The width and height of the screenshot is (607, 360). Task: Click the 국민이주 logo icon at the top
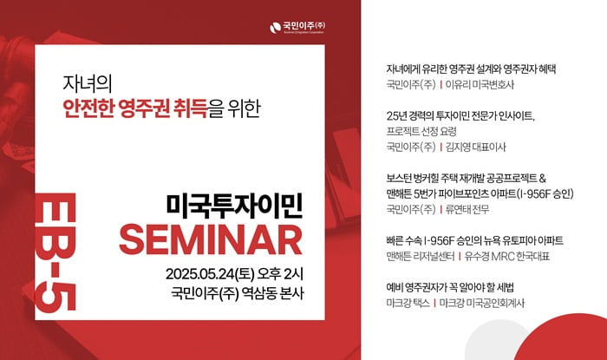[x=275, y=28]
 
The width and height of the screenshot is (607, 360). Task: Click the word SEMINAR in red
[x=211, y=239]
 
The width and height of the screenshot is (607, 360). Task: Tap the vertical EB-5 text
[x=55, y=252]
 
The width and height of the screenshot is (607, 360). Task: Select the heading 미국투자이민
[x=235, y=206]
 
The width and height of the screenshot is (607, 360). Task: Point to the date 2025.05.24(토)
[x=210, y=274]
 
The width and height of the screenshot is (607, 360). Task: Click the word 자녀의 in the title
[x=87, y=83]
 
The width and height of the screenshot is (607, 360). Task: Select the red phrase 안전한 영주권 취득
[x=135, y=108]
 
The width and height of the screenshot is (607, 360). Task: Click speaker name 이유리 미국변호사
[x=480, y=84]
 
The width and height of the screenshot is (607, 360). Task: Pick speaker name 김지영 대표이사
[x=476, y=147]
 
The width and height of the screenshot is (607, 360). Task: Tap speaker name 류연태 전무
[x=467, y=209]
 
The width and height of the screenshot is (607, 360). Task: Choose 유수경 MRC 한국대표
[x=507, y=256]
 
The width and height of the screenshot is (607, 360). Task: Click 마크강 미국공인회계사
[x=482, y=303]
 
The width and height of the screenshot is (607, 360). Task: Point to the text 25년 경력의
[x=410, y=115]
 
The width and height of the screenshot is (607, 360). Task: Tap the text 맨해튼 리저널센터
[x=421, y=256]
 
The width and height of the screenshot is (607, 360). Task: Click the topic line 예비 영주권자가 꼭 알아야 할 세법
[x=450, y=287]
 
